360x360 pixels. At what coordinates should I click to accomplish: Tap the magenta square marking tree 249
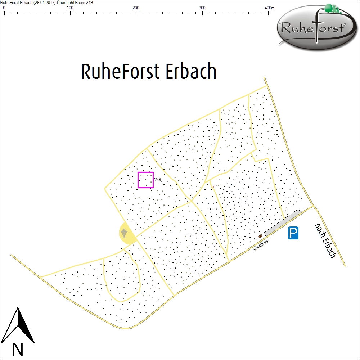[145, 180]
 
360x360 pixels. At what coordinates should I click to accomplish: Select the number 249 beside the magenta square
[158, 179]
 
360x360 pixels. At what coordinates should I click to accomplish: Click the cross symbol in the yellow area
[125, 233]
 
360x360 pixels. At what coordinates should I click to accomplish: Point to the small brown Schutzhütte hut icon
[260, 236]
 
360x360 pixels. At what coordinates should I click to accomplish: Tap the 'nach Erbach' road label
[325, 240]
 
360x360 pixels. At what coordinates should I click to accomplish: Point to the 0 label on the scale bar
[4, 8]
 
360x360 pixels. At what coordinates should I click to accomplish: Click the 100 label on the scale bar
[70, 8]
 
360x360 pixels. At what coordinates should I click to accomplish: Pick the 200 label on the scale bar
[136, 8]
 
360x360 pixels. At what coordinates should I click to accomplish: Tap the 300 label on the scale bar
[202, 8]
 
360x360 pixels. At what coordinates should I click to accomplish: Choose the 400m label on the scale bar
[269, 8]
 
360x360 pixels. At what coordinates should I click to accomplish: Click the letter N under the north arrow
[18, 349]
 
